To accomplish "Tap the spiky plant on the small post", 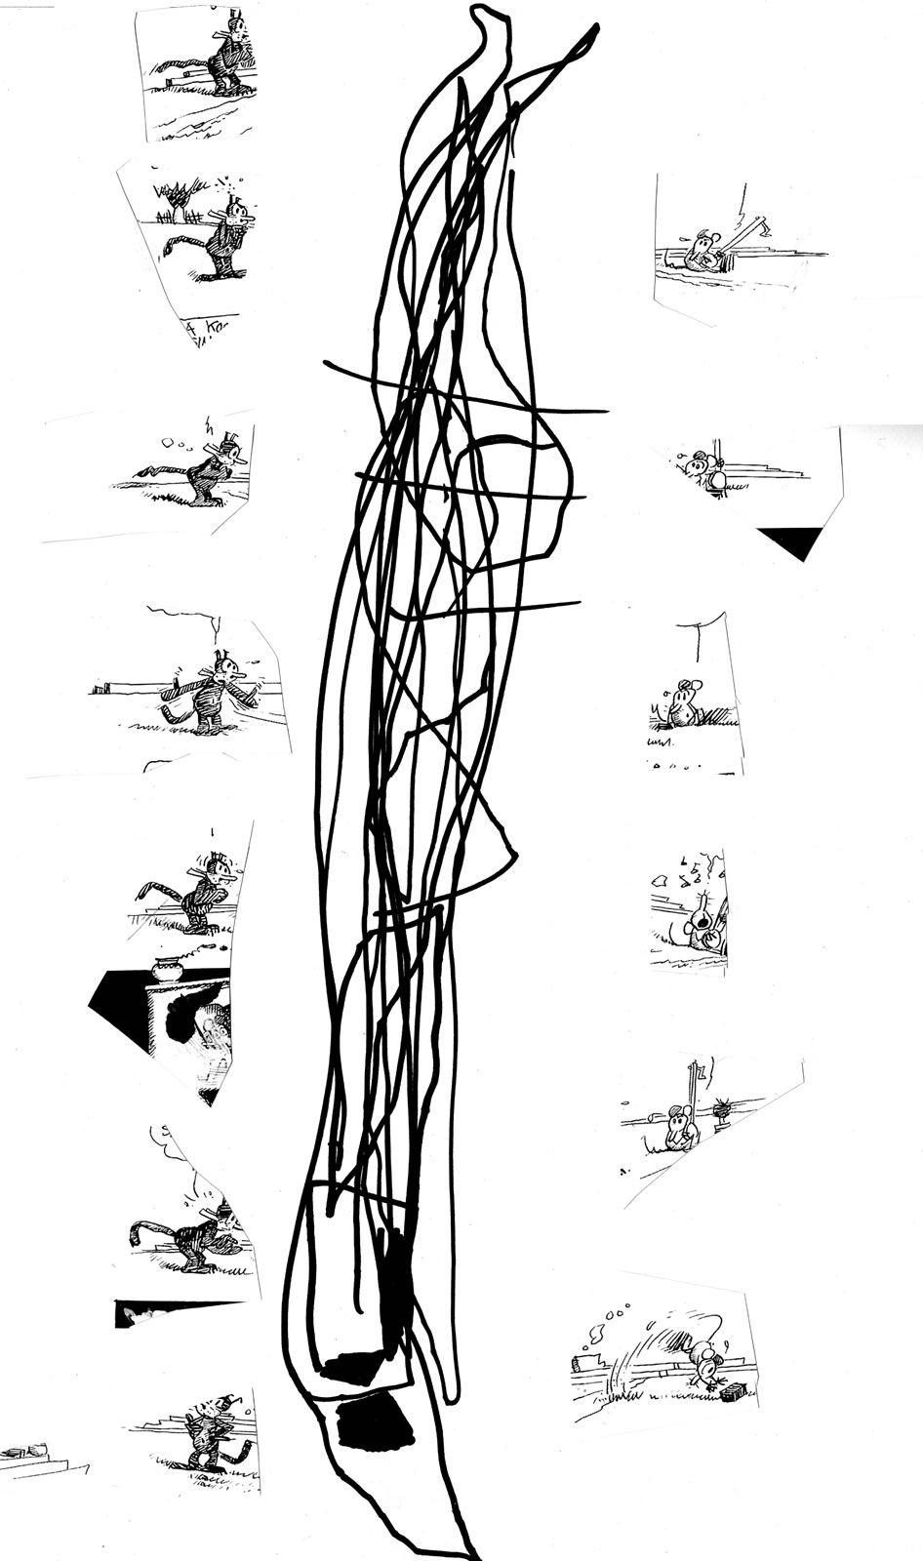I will (x=724, y=1106).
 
